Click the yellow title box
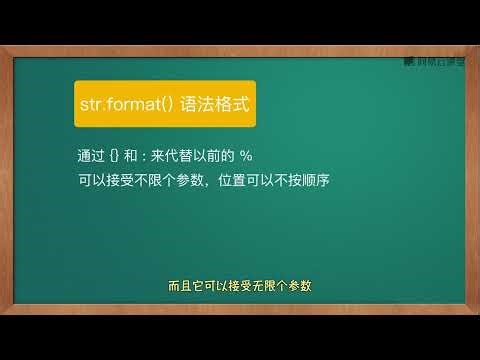(x=165, y=104)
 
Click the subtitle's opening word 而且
(x=178, y=285)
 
